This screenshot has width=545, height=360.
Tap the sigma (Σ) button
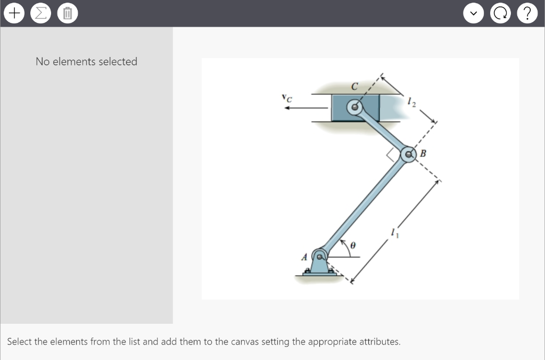40,13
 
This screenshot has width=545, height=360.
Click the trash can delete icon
67,13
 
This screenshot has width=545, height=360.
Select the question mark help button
527,13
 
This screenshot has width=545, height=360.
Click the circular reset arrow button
501,13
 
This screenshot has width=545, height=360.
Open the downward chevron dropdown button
473,13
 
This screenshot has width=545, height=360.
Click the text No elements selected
86,62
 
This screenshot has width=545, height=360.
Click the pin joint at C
353,107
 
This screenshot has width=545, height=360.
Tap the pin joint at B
409,154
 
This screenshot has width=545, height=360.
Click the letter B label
423,154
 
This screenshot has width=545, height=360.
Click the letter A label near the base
305,257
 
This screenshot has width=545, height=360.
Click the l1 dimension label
393,232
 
